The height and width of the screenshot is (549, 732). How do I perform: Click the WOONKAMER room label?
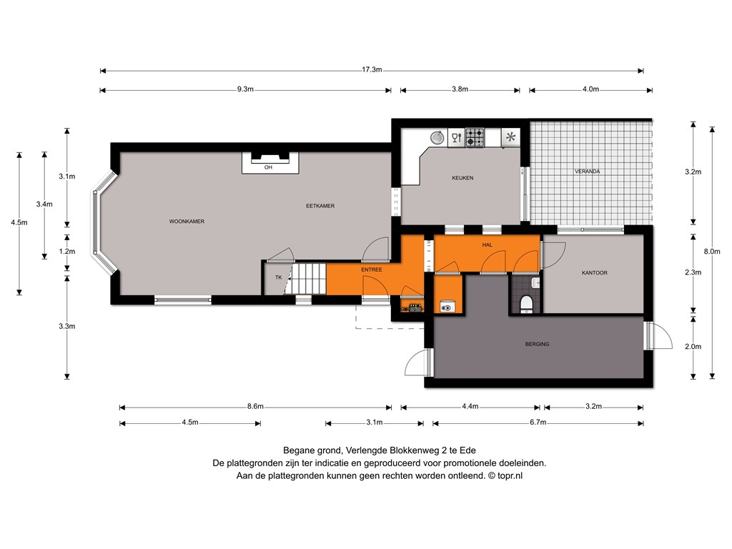pos(187,222)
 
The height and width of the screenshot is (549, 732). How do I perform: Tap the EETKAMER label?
pos(320,206)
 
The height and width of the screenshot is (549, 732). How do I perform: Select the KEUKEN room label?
pos(463,178)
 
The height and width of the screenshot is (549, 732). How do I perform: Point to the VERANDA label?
pos(588,172)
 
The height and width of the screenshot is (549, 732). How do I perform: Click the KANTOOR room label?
pos(594,272)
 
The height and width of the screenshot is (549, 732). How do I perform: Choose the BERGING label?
pos(537,344)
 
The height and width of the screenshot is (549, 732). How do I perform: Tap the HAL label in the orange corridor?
pos(487,244)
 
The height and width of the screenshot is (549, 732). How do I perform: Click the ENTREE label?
pos(372,269)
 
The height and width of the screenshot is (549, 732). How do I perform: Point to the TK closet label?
pos(279,277)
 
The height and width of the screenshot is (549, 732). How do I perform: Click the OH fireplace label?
pos(268,167)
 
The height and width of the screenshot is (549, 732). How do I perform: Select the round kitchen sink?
pos(437,137)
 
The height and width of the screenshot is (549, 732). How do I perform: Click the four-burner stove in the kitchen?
pos(475,138)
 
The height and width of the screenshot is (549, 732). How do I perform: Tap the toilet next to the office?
pos(527,303)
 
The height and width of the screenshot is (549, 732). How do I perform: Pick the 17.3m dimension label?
pos(372,69)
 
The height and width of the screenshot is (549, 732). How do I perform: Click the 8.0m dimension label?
pos(712,251)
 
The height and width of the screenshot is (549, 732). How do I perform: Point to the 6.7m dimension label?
pos(538,422)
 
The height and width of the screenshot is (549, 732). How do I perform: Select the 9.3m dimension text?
pos(245,89)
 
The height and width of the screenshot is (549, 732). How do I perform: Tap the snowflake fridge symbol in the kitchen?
pos(510,137)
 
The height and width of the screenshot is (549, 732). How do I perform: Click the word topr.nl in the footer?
pos(510,475)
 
